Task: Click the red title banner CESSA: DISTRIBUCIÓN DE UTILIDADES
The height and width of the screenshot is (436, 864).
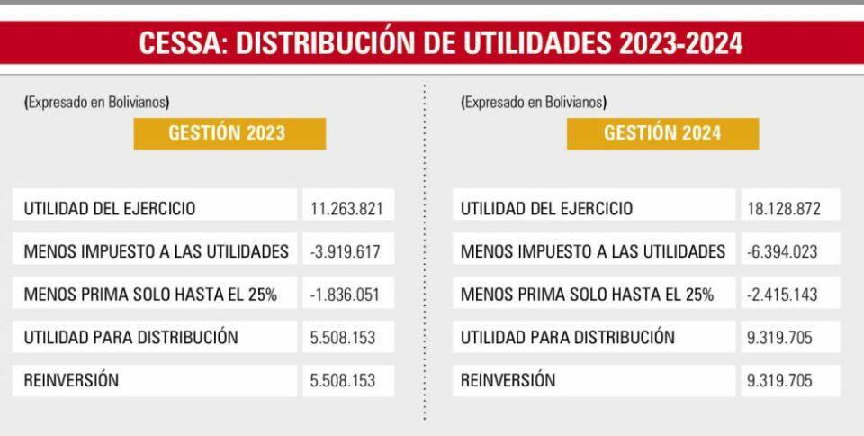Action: tap(432, 44)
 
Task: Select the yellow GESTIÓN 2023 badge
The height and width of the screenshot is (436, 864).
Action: tap(229, 133)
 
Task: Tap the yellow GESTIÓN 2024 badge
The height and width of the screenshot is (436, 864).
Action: tap(662, 133)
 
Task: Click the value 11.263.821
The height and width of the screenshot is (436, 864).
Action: tap(346, 208)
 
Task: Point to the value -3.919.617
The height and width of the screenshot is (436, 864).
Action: tap(346, 251)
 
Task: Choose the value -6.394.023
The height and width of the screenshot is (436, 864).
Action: tap(782, 251)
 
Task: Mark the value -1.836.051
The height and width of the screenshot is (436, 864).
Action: tap(346, 295)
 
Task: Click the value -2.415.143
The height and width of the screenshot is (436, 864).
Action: tap(782, 295)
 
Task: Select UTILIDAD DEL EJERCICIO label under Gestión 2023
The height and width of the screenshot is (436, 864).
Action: tap(110, 208)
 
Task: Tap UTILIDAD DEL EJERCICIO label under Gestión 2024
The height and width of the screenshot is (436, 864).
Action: tap(546, 208)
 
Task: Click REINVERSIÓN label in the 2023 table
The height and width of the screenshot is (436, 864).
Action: tap(71, 380)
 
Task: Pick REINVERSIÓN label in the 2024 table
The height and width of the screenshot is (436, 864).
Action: tap(508, 380)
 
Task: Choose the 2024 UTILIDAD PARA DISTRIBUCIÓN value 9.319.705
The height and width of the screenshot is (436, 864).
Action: tap(779, 338)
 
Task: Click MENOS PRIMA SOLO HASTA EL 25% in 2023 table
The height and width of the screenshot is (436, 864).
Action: tap(150, 295)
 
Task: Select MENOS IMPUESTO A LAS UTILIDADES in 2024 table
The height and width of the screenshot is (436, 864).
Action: tap(592, 251)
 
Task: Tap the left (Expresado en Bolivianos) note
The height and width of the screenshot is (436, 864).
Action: tap(97, 103)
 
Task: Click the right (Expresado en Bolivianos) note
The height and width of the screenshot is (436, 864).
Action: tap(534, 103)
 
